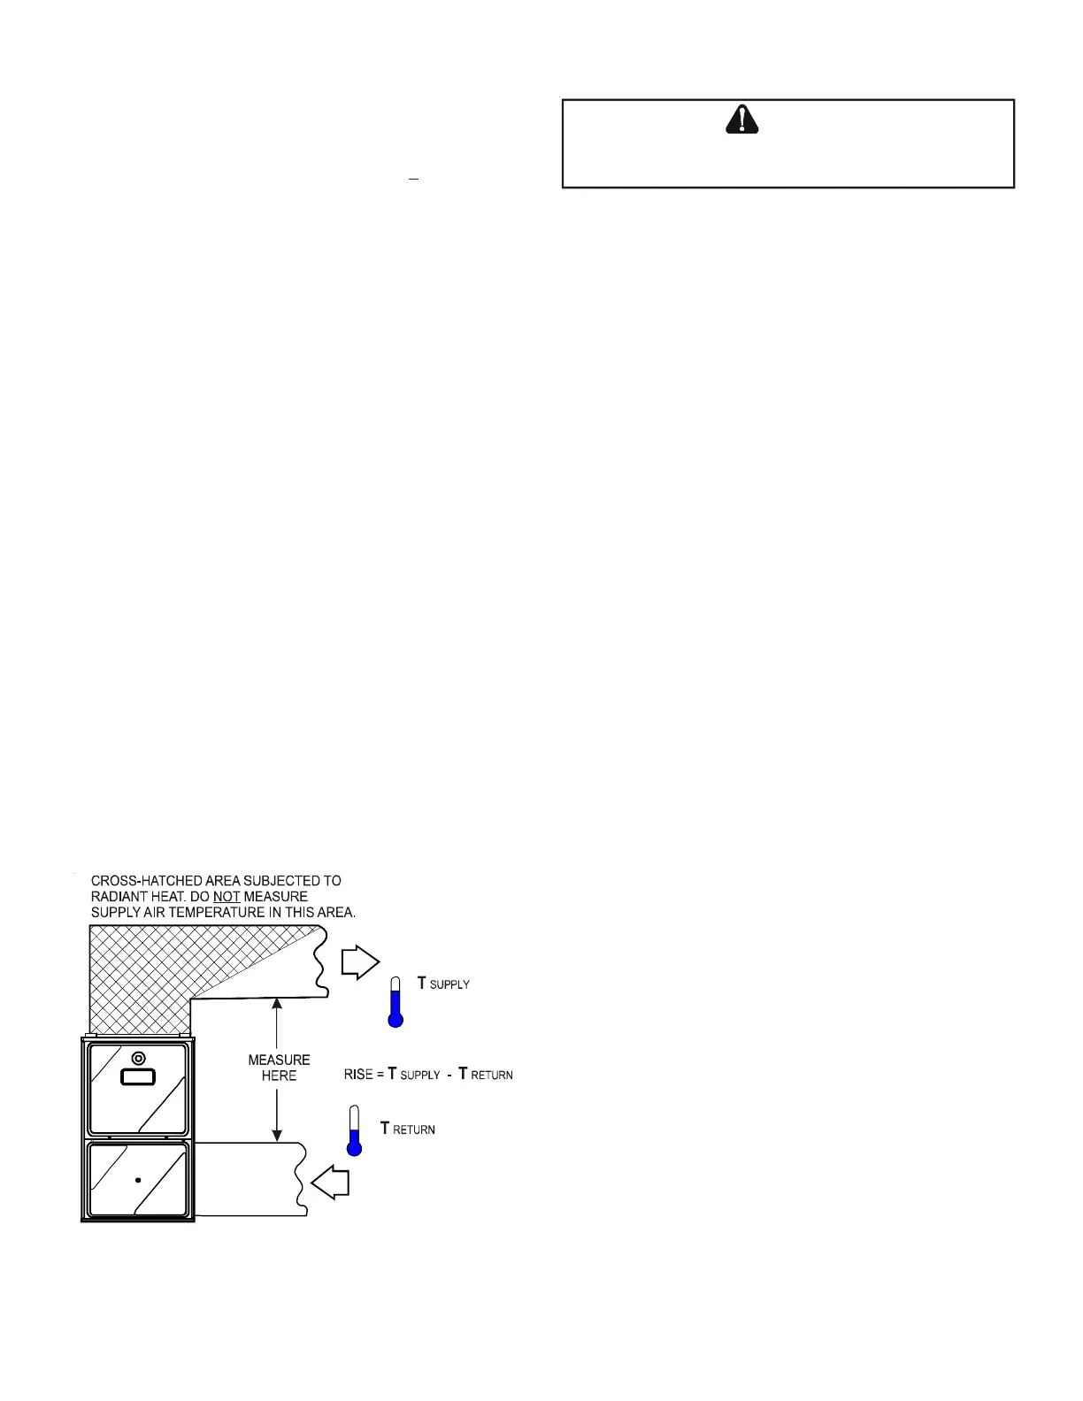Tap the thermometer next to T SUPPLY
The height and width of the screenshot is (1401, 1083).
396,1002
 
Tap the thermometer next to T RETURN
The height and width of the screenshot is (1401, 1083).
354,1131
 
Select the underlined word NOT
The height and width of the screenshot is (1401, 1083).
227,896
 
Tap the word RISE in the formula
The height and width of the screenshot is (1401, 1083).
358,1075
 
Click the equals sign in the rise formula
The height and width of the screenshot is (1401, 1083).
380,1075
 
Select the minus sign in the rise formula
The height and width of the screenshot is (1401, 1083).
449,1075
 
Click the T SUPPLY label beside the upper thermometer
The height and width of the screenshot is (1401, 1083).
443,984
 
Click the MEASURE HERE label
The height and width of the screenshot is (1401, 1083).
279,1068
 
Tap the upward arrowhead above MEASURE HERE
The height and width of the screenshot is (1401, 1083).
278,1003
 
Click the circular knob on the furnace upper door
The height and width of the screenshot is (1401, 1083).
137,1059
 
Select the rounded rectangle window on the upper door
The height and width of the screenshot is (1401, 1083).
137,1078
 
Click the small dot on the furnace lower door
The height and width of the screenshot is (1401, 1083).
138,1180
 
